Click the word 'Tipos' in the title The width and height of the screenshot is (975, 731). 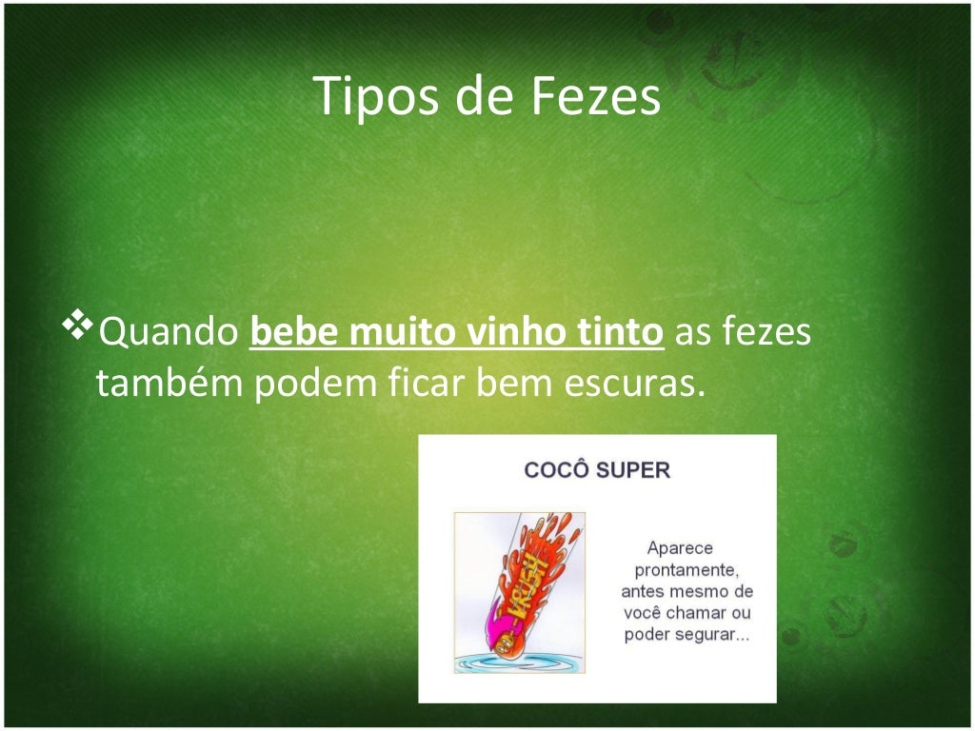(363, 97)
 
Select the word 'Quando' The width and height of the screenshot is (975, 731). (169, 334)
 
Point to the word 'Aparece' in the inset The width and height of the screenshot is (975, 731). (680, 548)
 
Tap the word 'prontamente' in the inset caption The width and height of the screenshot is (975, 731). (686, 570)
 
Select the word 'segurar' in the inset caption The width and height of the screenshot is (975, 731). (710, 635)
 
